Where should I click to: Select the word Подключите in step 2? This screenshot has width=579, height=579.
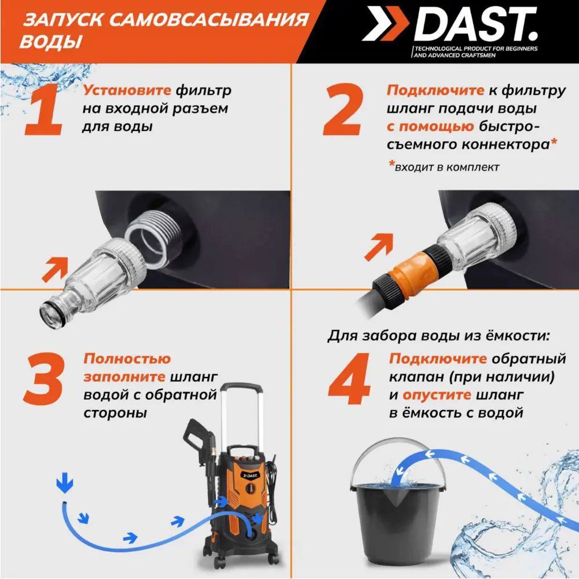pyautogui.click(x=435, y=90)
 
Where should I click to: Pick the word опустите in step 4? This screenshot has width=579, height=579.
pyautogui.click(x=436, y=395)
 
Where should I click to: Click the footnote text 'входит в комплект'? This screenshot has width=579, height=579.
pyautogui.click(x=446, y=167)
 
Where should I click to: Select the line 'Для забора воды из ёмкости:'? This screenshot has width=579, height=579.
pyautogui.click(x=438, y=335)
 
